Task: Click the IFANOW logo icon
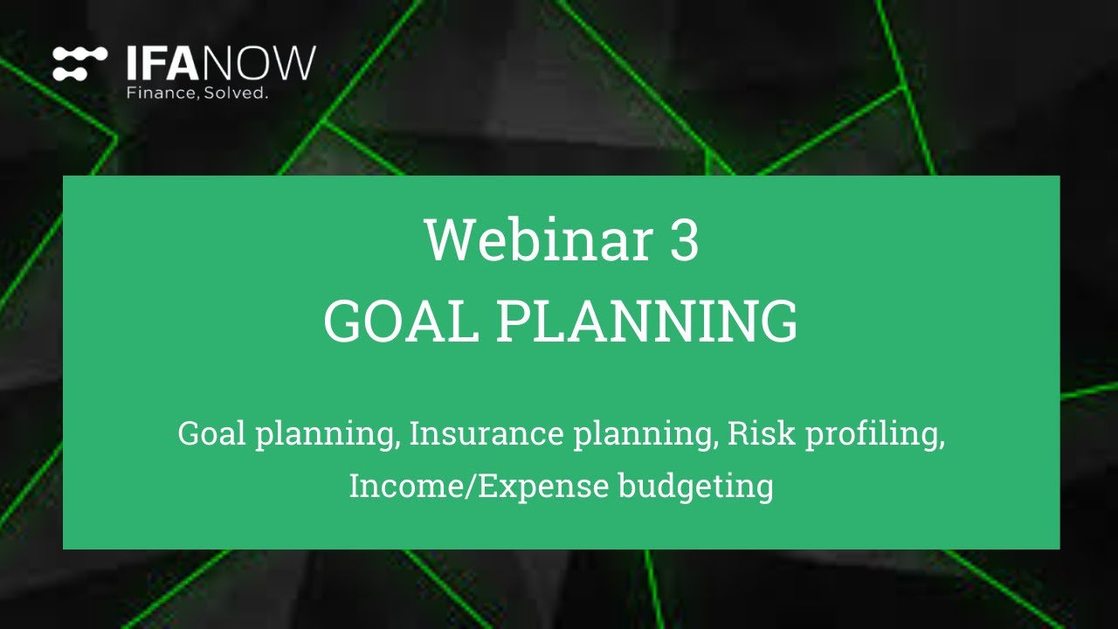point(79,64)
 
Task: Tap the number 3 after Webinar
point(684,240)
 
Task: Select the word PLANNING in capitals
point(647,321)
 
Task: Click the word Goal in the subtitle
point(212,433)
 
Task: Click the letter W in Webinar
point(448,240)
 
